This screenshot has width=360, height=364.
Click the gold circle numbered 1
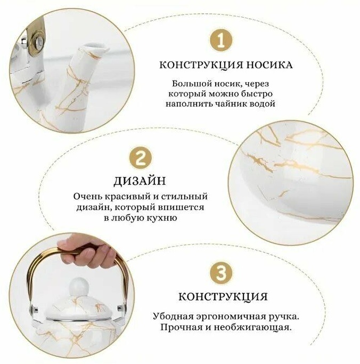pos(220,41)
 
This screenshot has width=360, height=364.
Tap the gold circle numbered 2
pos(141,158)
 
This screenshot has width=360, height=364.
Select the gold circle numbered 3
pos(220,273)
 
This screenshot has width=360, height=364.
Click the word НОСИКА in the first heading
pos(269,65)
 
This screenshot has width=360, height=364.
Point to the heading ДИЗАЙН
pos(140,181)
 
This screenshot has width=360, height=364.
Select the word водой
pos(261,103)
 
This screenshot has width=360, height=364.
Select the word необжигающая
pos(252,328)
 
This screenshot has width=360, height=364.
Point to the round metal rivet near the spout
pos(38,42)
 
